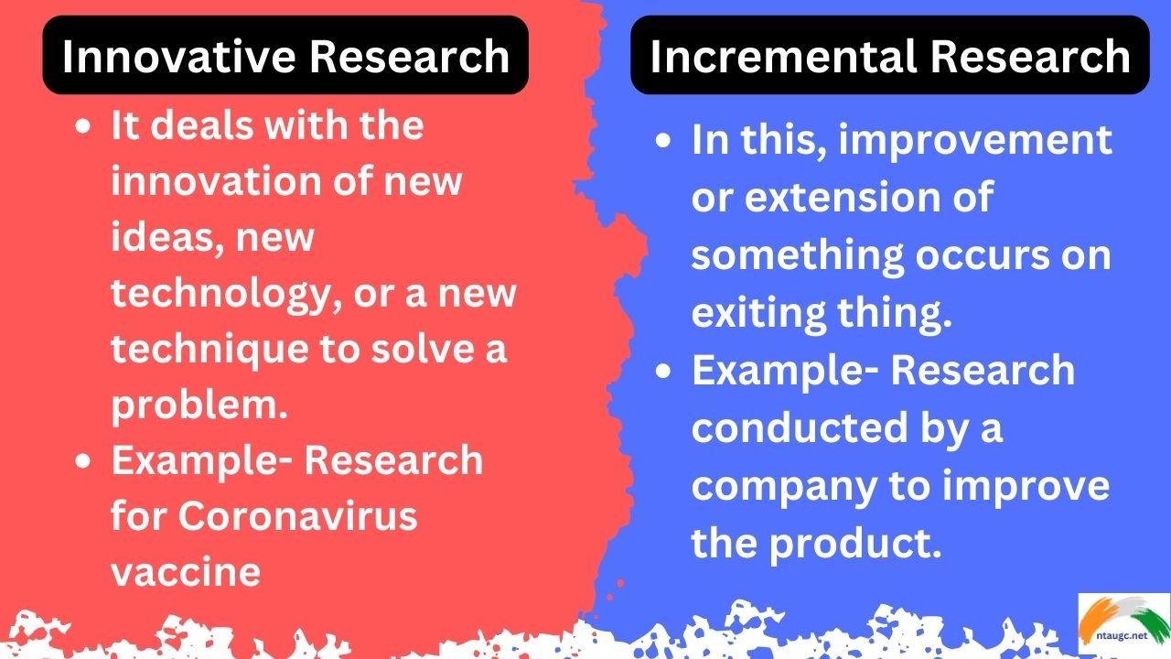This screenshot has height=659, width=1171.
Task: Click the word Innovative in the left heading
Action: [x=176, y=56]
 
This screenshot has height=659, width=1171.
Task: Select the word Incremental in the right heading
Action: [x=767, y=56]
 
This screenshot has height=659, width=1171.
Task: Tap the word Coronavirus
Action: [x=297, y=516]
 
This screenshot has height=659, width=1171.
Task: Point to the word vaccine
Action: [x=186, y=572]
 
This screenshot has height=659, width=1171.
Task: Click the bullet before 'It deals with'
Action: [x=83, y=126]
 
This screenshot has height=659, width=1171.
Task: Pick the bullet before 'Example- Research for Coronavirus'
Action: [x=83, y=460]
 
